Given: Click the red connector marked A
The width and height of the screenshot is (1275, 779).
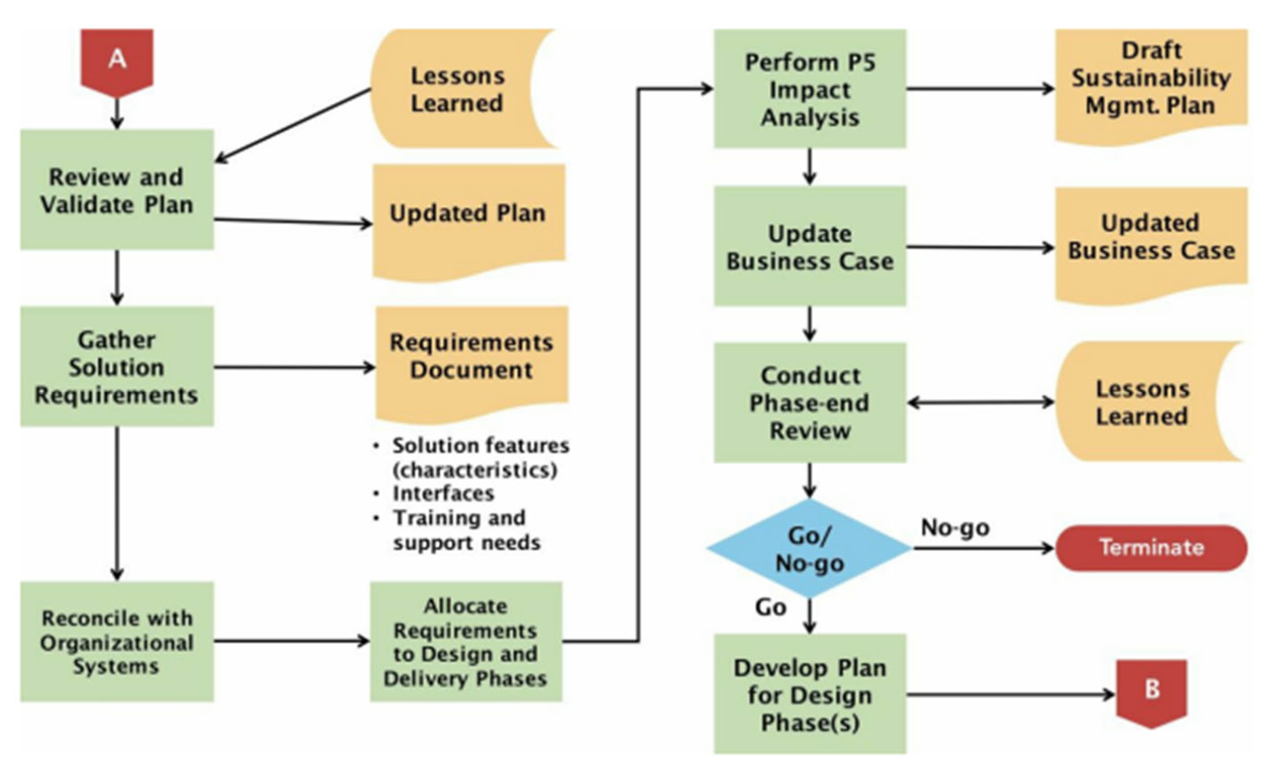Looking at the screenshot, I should point(117,61).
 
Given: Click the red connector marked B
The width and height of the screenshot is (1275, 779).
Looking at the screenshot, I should point(1151,692).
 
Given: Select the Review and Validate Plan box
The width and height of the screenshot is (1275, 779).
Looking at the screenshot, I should point(117,190).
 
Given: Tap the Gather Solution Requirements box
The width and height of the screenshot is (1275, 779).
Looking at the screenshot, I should point(117,367).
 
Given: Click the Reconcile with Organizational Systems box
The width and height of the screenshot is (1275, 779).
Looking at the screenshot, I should point(117,641).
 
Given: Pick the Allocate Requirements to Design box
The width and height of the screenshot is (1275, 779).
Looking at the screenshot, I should point(466,641).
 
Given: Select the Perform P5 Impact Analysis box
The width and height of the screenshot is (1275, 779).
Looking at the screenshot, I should point(810,89).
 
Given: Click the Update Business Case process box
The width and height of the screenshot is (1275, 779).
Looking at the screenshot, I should point(810,246).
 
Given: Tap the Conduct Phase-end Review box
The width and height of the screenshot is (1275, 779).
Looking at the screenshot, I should point(810,402).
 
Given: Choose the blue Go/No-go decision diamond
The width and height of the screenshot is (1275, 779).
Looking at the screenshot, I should point(810,548).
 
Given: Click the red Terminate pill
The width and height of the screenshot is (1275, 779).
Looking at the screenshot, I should point(1151,548).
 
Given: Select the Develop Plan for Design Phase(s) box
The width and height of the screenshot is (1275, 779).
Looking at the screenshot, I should point(810,693).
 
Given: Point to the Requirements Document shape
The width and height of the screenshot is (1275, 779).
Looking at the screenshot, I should point(471,360).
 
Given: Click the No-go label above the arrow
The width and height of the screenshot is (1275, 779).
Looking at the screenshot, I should point(955,528).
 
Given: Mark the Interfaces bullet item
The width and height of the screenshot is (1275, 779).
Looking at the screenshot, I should point(443,494).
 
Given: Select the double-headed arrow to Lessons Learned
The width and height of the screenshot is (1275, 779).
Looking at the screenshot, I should point(980,402).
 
